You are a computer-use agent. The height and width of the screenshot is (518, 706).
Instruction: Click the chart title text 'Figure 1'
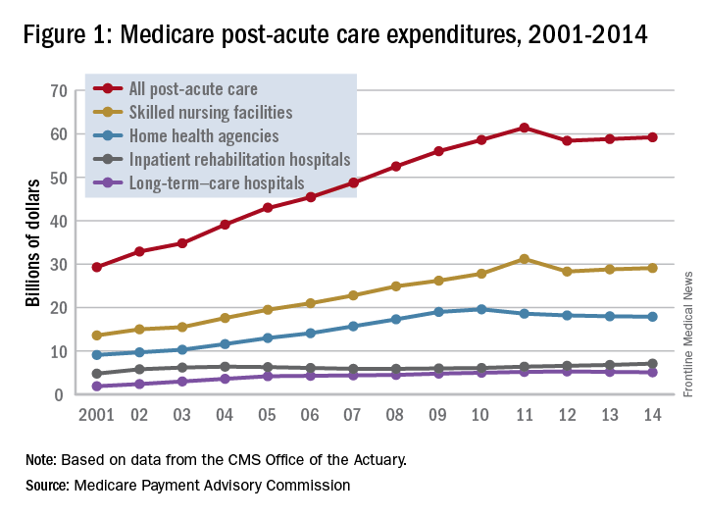(x=68, y=36)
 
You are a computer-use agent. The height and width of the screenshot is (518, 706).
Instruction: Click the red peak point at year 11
(x=525, y=128)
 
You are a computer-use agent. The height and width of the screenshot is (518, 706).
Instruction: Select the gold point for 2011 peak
(x=525, y=259)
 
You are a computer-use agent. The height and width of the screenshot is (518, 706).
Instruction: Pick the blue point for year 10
(x=481, y=309)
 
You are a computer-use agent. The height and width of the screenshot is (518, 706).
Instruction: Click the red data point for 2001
(x=97, y=267)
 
